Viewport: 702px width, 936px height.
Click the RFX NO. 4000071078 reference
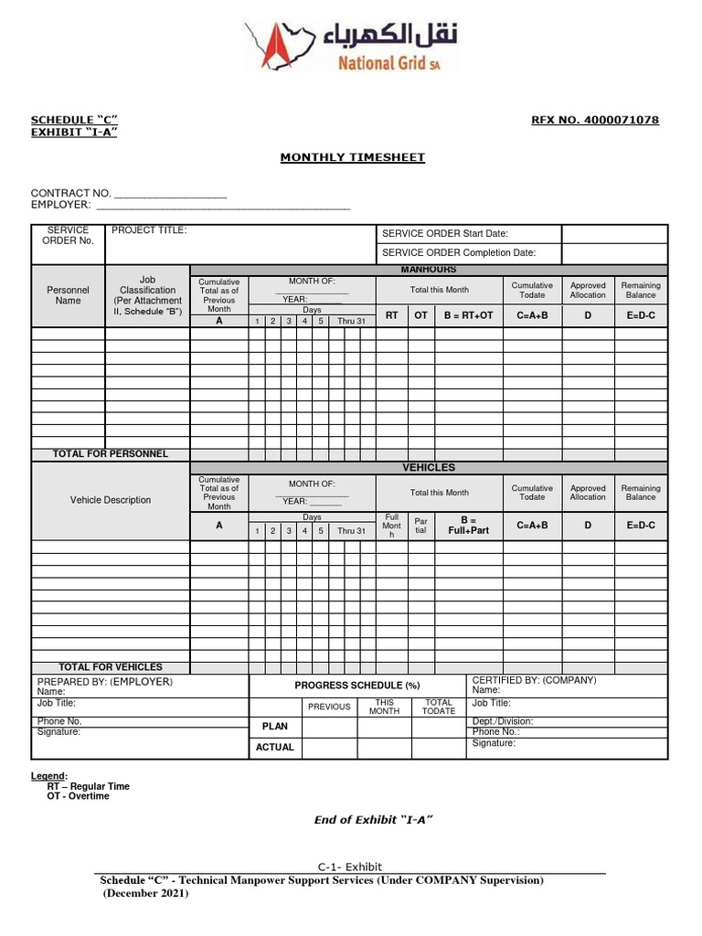click(x=595, y=121)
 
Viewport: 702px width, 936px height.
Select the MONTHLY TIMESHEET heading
click(x=352, y=157)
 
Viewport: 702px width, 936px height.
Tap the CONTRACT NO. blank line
click(x=170, y=194)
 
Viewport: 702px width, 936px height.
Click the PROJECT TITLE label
click(x=149, y=230)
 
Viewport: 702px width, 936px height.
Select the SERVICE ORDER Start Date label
click(x=445, y=234)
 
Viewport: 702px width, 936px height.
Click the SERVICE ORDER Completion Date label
click(x=459, y=253)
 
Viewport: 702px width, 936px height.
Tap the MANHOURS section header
click(x=429, y=270)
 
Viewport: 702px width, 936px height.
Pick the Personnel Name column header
click(x=69, y=295)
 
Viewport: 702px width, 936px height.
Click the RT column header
click(x=392, y=315)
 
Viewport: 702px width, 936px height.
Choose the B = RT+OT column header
click(x=468, y=315)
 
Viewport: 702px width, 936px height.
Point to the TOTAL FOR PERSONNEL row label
click(x=111, y=454)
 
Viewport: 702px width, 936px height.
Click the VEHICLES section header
click(x=429, y=468)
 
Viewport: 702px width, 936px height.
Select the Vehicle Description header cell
click(x=111, y=500)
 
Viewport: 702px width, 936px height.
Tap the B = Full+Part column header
click(x=468, y=525)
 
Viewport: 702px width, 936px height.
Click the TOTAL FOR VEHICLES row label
click(x=111, y=667)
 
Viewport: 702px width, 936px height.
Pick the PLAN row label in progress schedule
click(x=275, y=727)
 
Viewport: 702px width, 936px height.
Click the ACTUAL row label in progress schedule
click(x=275, y=748)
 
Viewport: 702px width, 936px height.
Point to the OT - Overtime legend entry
click(x=78, y=796)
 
